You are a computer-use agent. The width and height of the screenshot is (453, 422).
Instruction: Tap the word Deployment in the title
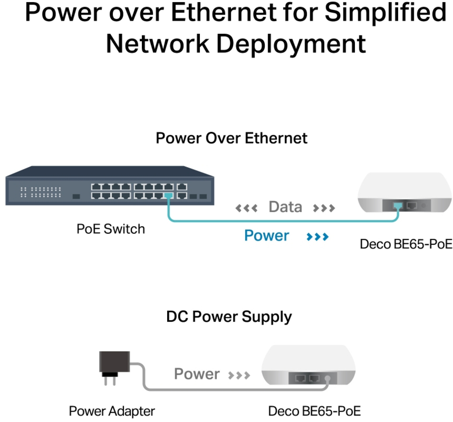coord(291,44)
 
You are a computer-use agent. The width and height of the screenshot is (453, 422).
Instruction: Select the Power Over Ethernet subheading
coord(232,138)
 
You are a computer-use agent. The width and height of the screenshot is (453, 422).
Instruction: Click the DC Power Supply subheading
coord(229,317)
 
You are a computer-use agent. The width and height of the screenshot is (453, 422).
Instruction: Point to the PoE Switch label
coord(111,229)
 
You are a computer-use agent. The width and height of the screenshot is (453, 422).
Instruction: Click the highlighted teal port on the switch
coord(169,196)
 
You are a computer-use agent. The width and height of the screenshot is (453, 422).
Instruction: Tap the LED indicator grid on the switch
coord(41,192)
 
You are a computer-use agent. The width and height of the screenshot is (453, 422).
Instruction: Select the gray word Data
coord(285,207)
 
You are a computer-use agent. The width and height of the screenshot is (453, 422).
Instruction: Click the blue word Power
coord(266,236)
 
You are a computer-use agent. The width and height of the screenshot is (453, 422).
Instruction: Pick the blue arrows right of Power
coord(318,237)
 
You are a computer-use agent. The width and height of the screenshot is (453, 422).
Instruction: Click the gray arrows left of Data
coord(247,208)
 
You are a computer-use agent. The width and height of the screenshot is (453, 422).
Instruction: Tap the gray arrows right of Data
coord(324,208)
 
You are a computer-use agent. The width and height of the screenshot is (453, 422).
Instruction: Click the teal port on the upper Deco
coord(398,206)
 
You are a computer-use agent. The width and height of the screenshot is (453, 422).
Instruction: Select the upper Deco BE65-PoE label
coord(406,244)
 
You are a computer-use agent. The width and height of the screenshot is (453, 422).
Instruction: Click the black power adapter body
coord(114,362)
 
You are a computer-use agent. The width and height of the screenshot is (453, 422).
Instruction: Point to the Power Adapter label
coord(112,411)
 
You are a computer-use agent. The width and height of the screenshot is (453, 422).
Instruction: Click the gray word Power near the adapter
coord(197,374)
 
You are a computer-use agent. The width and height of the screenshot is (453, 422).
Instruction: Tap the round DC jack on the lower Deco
coord(327,378)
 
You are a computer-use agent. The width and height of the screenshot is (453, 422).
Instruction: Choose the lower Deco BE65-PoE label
coord(314,411)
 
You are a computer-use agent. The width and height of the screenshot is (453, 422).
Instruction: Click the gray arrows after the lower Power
coord(239,376)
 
